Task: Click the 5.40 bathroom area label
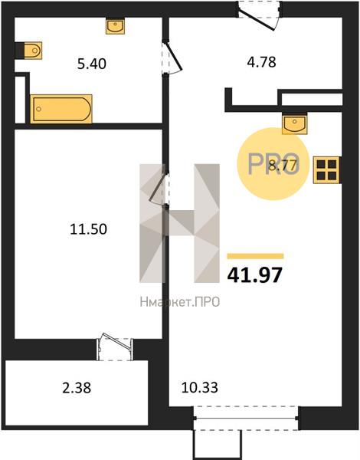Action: point(92,64)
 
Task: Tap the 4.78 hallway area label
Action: point(261,62)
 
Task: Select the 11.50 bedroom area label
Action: point(89,229)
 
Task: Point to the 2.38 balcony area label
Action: point(77,388)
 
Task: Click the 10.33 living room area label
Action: point(200,387)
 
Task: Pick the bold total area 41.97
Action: point(255,275)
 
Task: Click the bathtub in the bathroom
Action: point(61,109)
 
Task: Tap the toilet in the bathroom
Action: point(32,51)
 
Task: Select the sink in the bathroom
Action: point(115,26)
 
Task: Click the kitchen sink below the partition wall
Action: point(295,124)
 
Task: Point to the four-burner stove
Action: point(327,170)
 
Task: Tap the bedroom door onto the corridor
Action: point(159,188)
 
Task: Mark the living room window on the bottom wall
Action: point(246,418)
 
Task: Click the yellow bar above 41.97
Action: point(255,256)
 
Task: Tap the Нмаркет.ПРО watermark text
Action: point(180,302)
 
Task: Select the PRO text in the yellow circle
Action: point(273,164)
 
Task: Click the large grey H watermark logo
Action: point(179,223)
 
